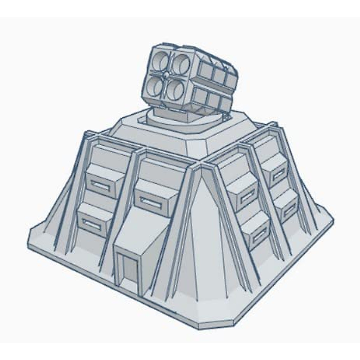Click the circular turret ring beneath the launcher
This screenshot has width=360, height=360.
coord(177,121)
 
